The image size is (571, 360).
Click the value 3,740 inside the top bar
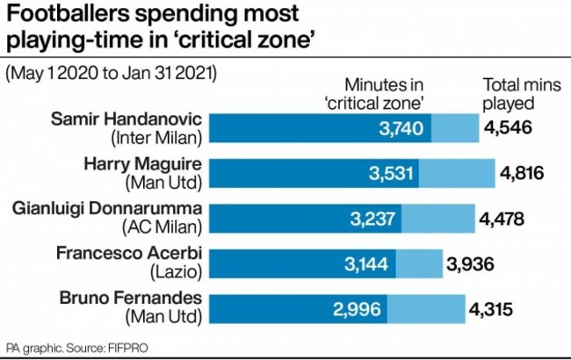point(401,130)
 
